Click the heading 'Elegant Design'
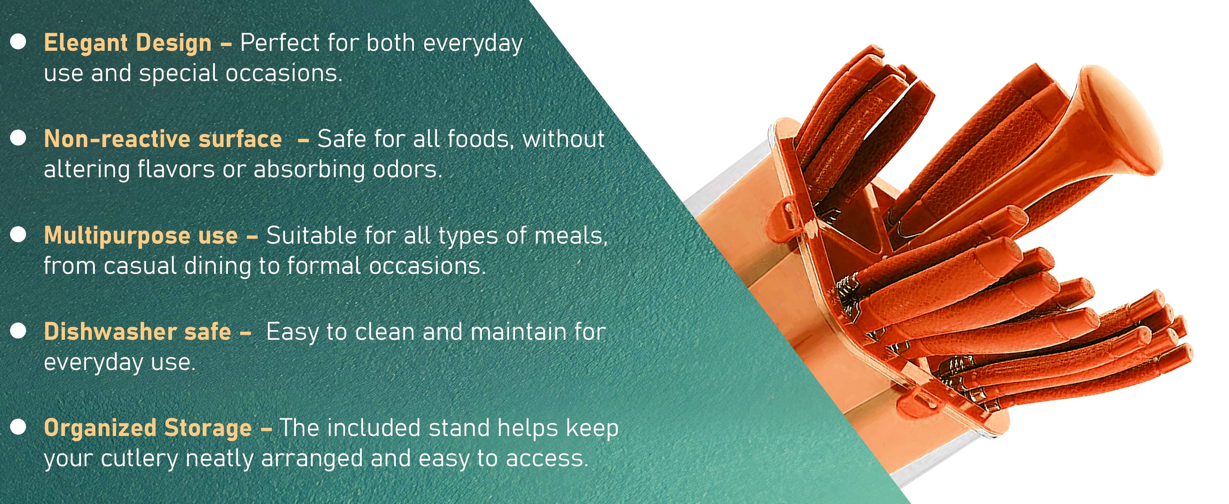[x=128, y=43]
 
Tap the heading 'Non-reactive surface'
[x=163, y=139]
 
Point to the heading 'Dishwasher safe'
[x=137, y=331]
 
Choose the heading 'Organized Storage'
[x=148, y=428]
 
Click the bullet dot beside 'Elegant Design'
[x=18, y=42]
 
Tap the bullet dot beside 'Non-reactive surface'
[x=18, y=138]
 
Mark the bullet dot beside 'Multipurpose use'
[x=18, y=234]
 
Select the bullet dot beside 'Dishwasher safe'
[x=18, y=331]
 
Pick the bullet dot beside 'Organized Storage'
[x=18, y=427]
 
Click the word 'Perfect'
[x=280, y=42]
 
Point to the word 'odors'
[x=408, y=169]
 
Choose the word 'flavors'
[x=176, y=169]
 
